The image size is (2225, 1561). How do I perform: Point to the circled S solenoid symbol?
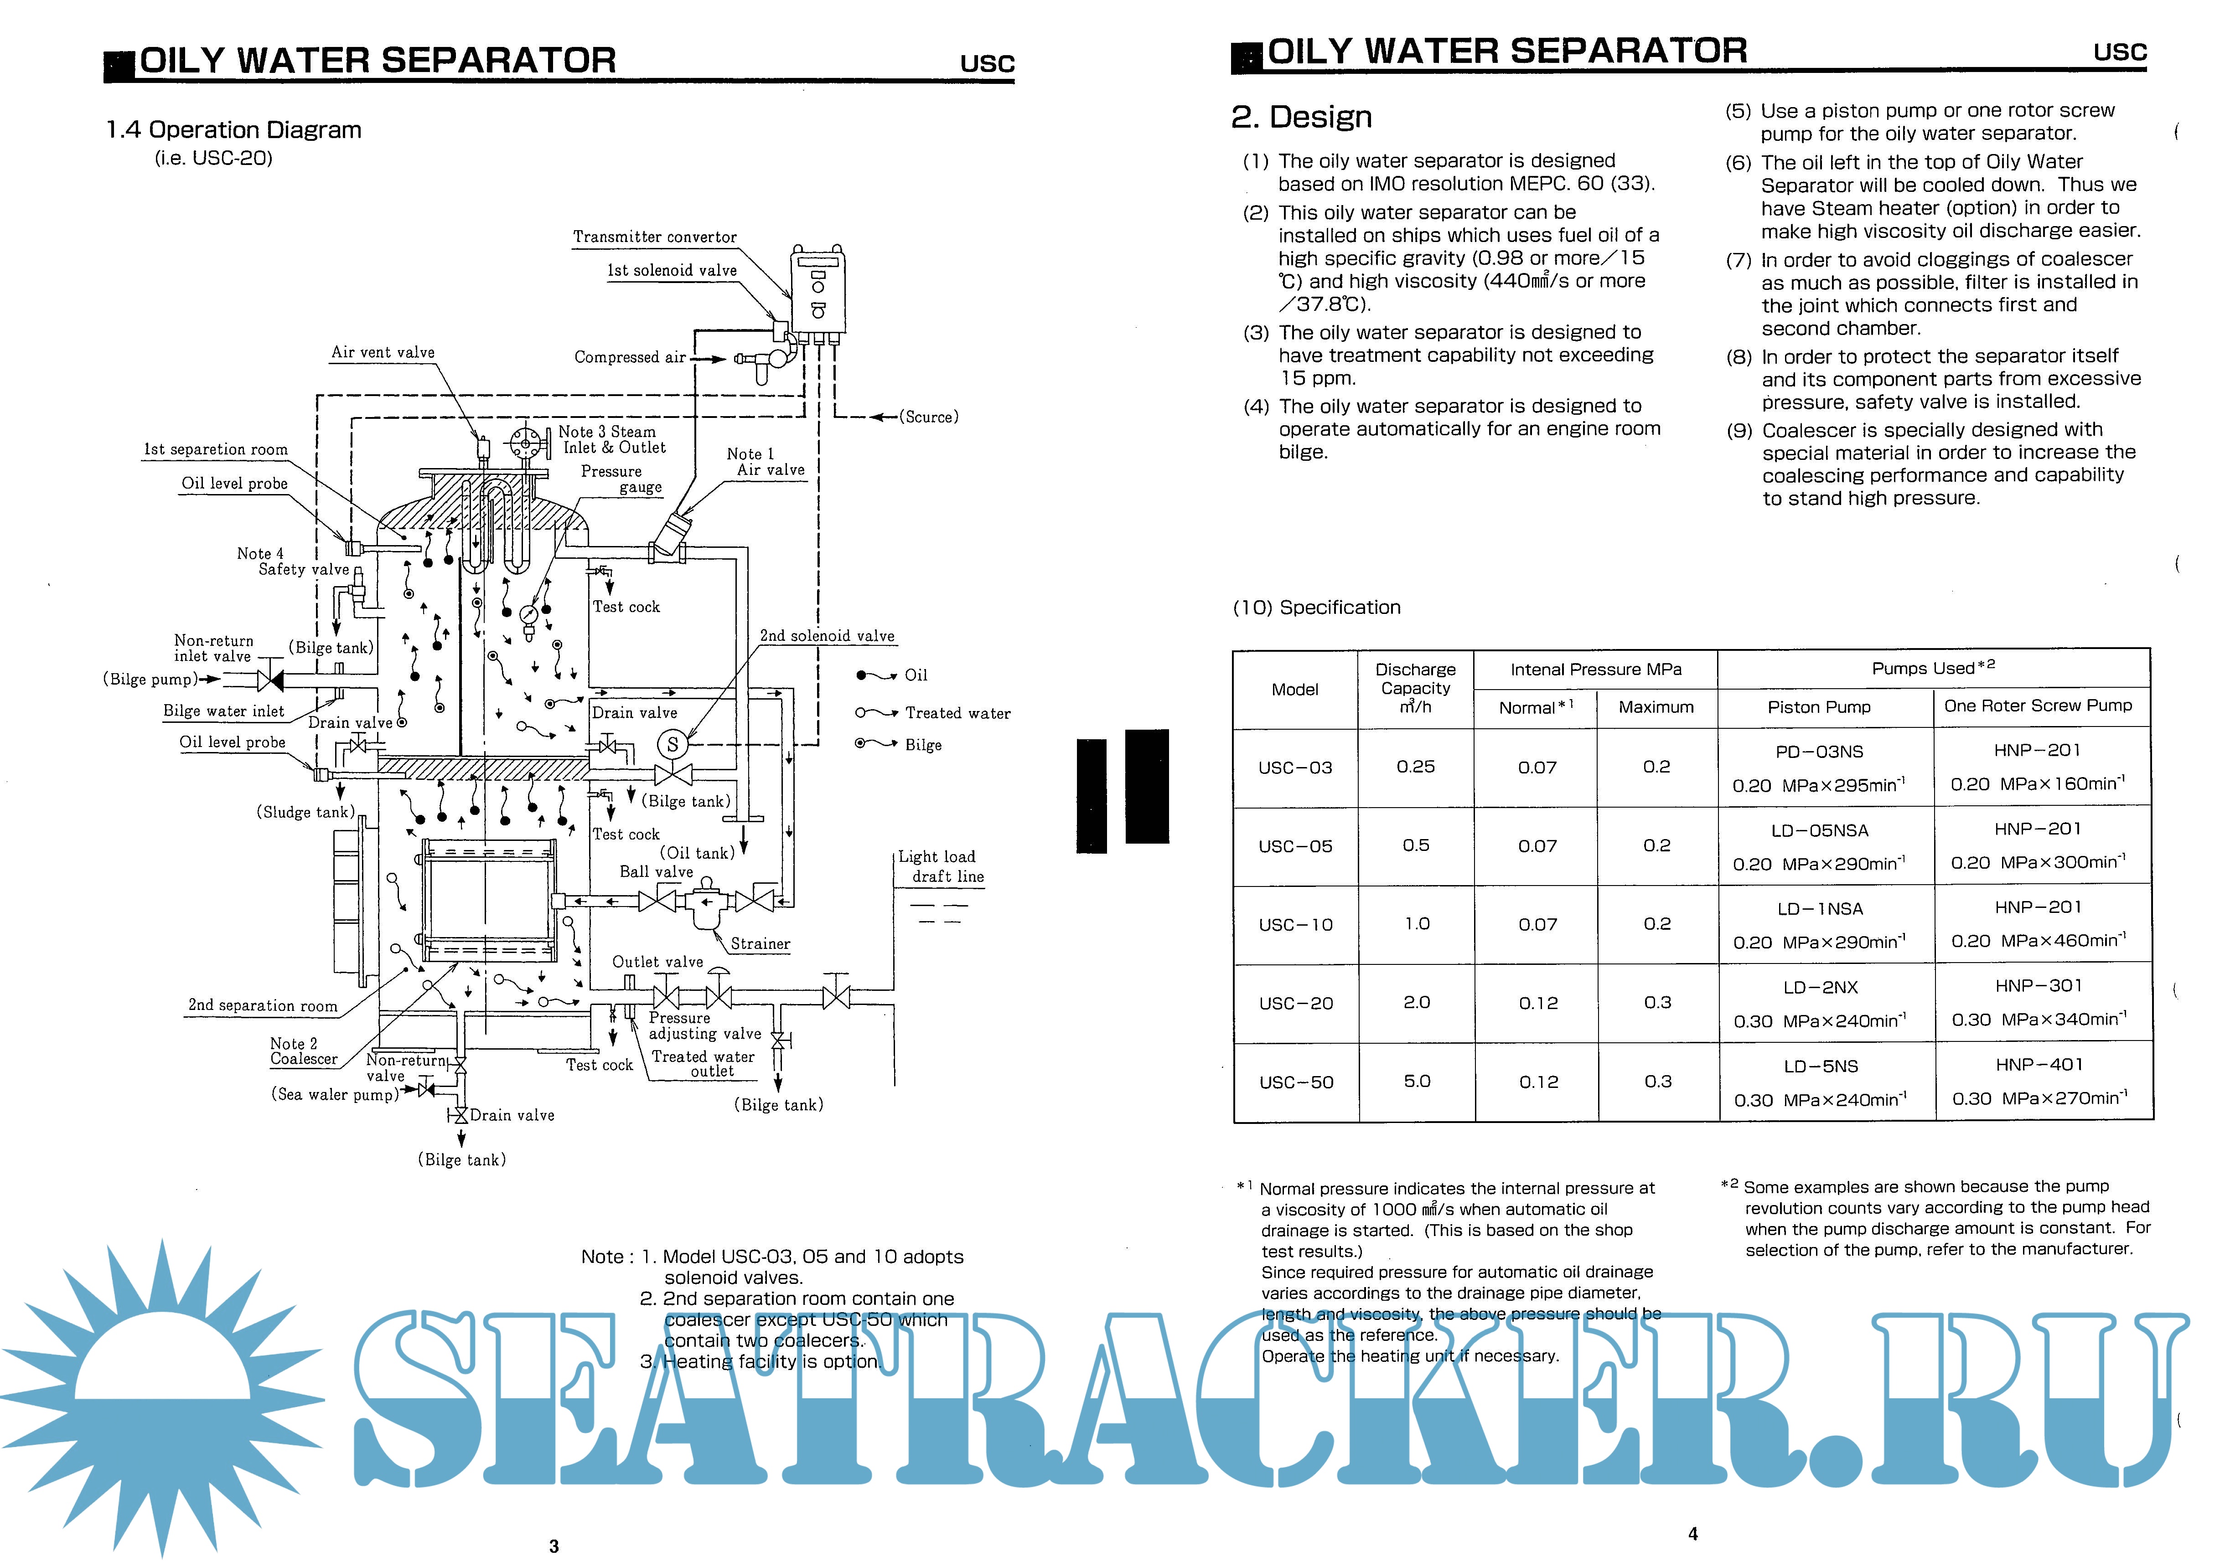[x=673, y=744]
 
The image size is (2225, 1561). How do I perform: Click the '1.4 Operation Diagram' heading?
[x=233, y=130]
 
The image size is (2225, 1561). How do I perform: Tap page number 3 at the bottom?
[x=554, y=1546]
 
